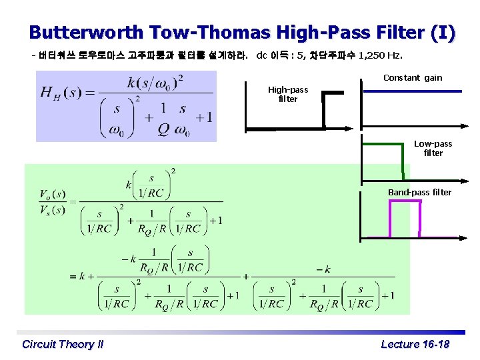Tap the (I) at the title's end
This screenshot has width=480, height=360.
pyautogui.click(x=443, y=32)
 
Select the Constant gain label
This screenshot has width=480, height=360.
pyautogui.click(x=413, y=77)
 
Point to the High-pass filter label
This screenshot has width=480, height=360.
pyautogui.click(x=288, y=94)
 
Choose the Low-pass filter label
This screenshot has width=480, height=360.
pyautogui.click(x=433, y=148)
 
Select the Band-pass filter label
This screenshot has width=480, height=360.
pyautogui.click(x=419, y=192)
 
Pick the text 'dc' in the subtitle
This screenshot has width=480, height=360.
pyautogui.click(x=262, y=55)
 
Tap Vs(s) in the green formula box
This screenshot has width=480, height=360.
pyautogui.click(x=52, y=210)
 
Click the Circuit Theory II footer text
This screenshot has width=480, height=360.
pyautogui.click(x=63, y=344)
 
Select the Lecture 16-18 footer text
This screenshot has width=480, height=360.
pyautogui.click(x=415, y=344)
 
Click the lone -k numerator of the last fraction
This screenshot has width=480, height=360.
pyautogui.click(x=323, y=269)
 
